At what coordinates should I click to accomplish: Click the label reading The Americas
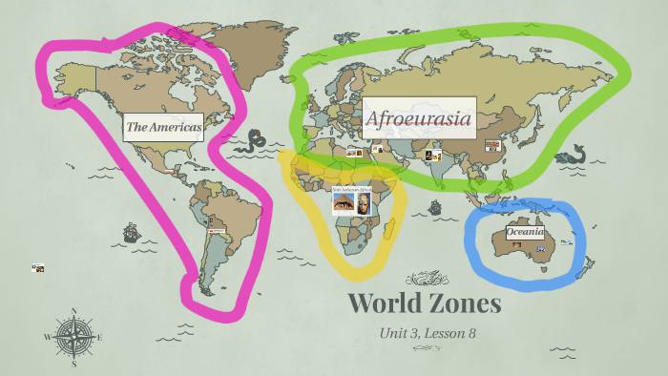163,126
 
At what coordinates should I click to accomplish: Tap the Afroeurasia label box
418,118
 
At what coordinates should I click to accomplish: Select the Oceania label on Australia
526,231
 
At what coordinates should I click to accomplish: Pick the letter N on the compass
73,311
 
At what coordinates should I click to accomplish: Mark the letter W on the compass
47,336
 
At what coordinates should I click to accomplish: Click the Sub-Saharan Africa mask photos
350,201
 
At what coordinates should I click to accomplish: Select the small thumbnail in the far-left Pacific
37,268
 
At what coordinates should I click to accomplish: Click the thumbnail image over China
492,146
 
